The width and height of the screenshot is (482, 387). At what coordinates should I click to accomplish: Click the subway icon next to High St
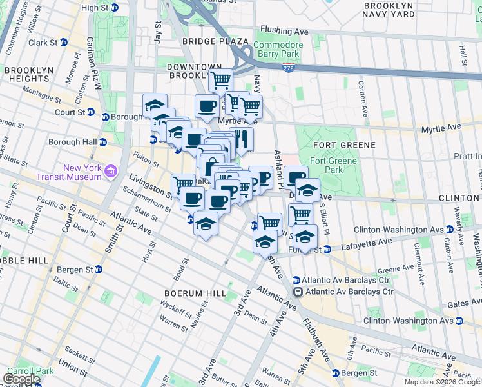pyautogui.click(x=115, y=8)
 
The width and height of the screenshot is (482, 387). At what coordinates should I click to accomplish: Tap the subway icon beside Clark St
pyautogui.click(x=63, y=43)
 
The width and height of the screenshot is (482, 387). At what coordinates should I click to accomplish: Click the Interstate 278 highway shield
pyautogui.click(x=288, y=67)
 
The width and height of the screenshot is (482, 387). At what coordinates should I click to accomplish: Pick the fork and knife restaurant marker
pyautogui.click(x=241, y=138)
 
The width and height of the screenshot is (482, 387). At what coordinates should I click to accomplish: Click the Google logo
pyautogui.click(x=21, y=379)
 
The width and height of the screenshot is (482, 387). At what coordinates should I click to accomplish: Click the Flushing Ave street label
pyautogui.click(x=284, y=30)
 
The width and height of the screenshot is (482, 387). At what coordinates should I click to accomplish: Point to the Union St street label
pyautogui.click(x=73, y=371)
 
